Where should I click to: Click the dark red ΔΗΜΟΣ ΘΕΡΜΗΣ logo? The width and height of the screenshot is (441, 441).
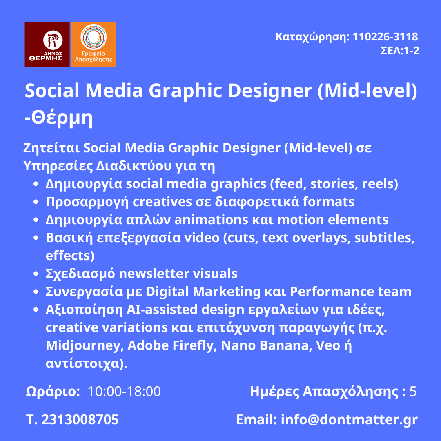tap(47, 44)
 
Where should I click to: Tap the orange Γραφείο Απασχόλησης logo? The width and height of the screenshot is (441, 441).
tap(94, 44)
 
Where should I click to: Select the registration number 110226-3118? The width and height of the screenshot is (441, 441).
tap(385, 37)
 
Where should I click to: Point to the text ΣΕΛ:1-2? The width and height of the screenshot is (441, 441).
tap(400, 51)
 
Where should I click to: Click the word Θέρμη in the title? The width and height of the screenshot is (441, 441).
tap(62, 117)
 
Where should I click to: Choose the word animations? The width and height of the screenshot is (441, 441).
tap(212, 220)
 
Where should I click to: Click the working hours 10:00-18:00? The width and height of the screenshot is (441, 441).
tap(124, 391)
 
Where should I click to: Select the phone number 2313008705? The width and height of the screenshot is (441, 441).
tap(80, 419)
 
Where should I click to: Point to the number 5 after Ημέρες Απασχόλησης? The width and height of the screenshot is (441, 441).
tap(413, 392)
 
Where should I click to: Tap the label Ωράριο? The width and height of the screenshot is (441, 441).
tap(53, 392)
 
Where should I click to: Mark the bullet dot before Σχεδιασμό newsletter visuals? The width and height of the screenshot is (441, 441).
tap(36, 274)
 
